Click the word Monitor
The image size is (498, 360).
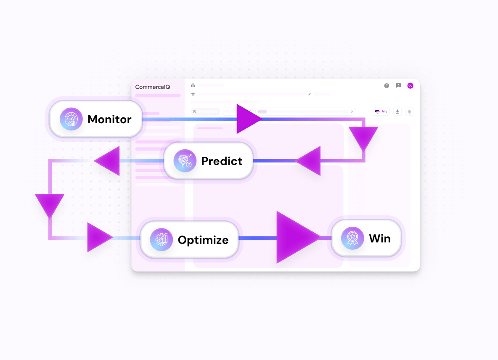click(109, 119)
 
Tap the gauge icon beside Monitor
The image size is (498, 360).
click(71, 119)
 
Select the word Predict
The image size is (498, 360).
click(222, 161)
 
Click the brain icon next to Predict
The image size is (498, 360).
click(185, 161)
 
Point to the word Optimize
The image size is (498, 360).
click(203, 240)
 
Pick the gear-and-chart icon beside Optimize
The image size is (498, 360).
click(162, 240)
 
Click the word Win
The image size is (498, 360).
click(380, 238)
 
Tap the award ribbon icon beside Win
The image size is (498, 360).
click(352, 238)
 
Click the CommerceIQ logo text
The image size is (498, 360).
click(152, 87)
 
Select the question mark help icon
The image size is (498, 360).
click(387, 86)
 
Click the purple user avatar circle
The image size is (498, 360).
click(410, 86)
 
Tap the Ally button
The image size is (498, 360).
click(381, 111)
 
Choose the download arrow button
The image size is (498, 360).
click(397, 111)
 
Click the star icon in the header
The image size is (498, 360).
click(193, 94)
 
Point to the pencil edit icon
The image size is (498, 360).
click(310, 94)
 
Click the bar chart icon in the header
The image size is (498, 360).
click(193, 85)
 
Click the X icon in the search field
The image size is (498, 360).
click(352, 111)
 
